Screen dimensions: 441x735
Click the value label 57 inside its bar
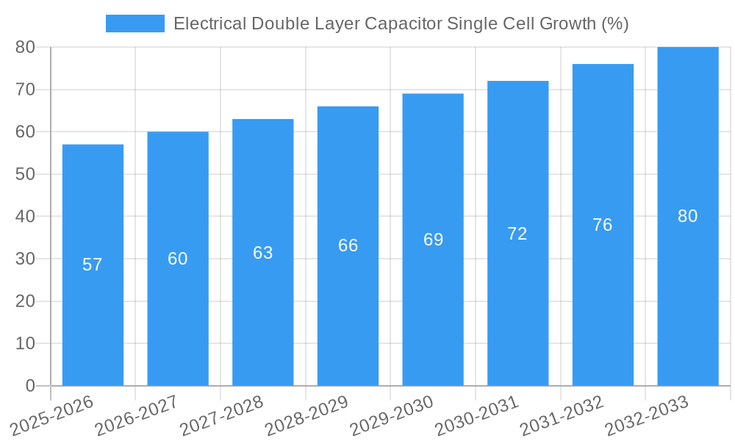tap(93, 265)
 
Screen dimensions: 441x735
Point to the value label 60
tap(178, 259)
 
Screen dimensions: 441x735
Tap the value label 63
tap(263, 253)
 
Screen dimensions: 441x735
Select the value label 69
tap(434, 240)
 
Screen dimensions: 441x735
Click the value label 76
tap(603, 225)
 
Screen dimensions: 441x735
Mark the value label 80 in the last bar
tap(688, 216)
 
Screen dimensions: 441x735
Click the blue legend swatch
tap(135, 24)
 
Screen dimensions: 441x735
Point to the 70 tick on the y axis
tap(25, 90)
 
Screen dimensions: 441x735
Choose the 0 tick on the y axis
tap(30, 386)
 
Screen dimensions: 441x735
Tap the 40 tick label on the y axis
tap(25, 217)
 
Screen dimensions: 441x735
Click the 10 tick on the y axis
tap(25, 344)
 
